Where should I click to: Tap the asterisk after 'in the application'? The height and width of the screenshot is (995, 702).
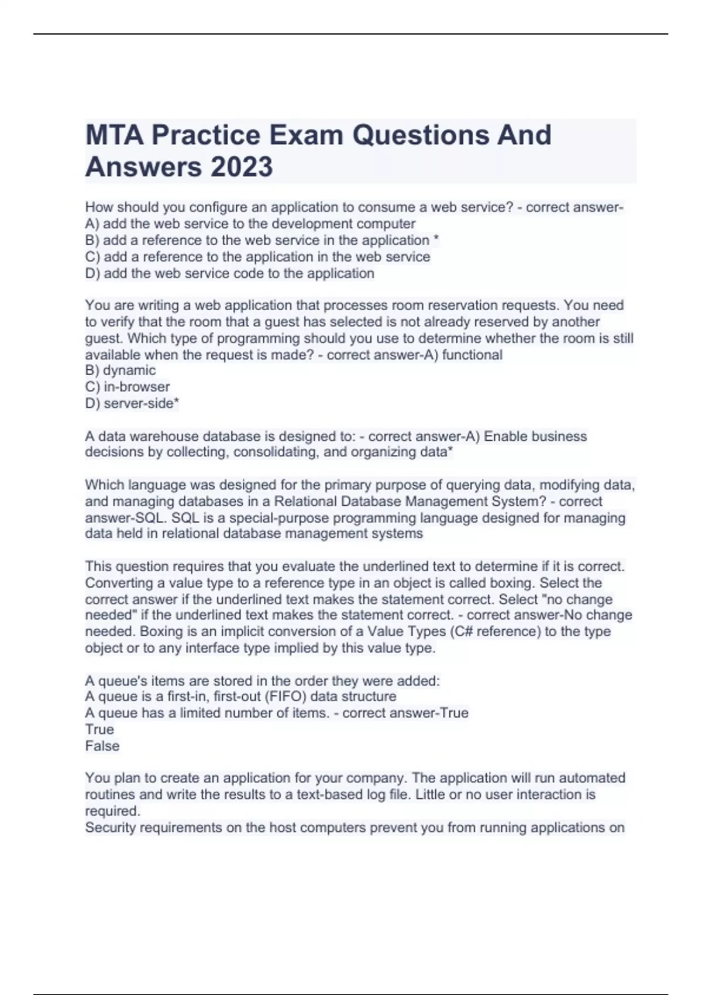pos(436,240)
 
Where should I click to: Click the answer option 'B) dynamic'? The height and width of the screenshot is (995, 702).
pos(121,370)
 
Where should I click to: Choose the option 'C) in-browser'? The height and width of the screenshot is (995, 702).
pos(128,387)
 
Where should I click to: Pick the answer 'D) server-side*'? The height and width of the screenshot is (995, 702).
pos(132,403)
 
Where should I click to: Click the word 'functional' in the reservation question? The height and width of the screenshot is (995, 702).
pos(472,355)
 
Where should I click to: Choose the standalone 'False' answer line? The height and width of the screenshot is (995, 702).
pos(102,746)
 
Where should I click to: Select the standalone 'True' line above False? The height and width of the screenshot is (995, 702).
pos(99,730)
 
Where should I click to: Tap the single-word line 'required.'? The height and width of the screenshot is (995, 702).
pos(112,811)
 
